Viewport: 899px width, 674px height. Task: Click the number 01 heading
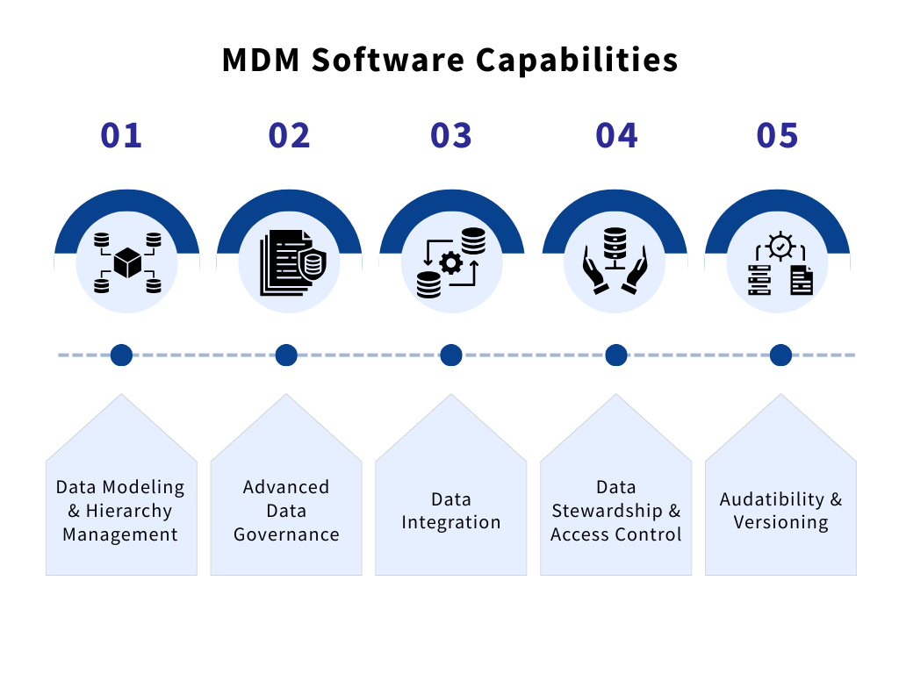[x=121, y=135]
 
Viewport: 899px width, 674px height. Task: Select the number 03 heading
[x=451, y=135]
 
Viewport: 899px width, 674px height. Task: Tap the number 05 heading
[x=778, y=135]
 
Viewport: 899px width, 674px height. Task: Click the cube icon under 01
[x=127, y=262]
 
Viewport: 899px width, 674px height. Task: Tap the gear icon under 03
[x=450, y=262]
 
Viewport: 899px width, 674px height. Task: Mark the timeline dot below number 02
[x=286, y=355]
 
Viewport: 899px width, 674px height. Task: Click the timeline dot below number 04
[x=616, y=355]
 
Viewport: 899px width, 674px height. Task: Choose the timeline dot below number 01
[x=121, y=355]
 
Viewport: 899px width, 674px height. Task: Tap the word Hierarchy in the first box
[x=129, y=511]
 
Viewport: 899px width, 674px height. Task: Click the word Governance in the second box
[x=286, y=534]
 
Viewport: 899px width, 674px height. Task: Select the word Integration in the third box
[x=451, y=522]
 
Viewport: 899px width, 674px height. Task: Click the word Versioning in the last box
[x=780, y=522]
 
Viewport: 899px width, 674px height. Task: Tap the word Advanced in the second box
[x=286, y=487]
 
